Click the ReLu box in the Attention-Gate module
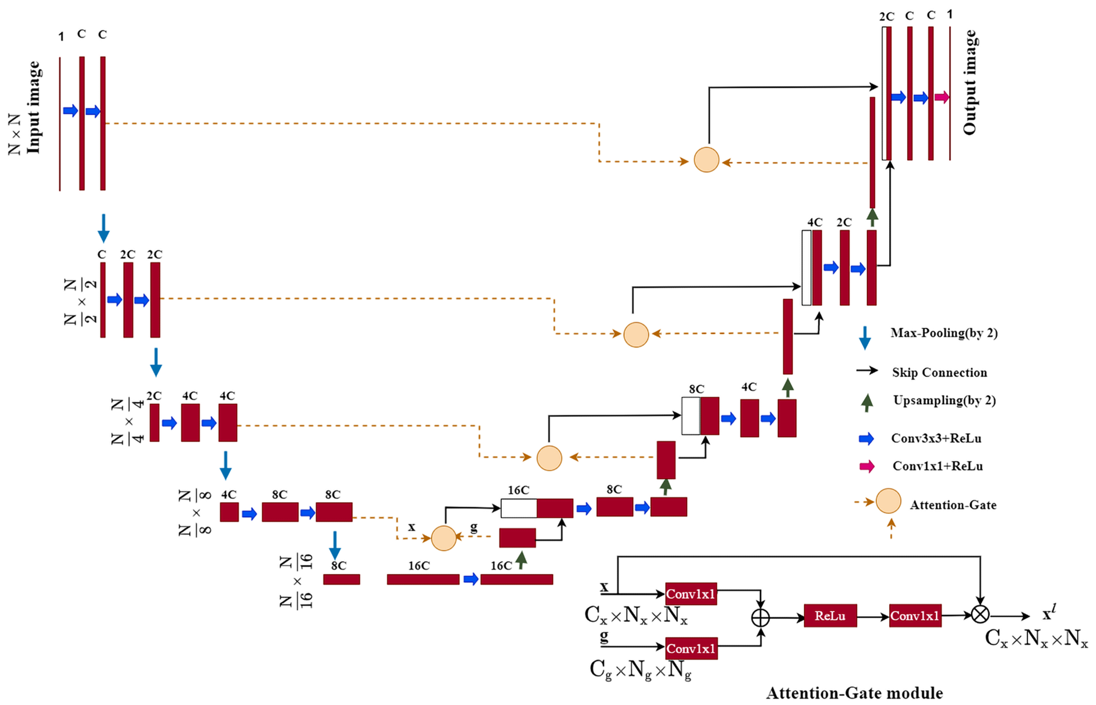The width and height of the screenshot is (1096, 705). [x=830, y=616]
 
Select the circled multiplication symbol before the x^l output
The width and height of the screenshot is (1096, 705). [x=980, y=614]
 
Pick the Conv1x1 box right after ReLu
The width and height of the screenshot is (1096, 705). [x=915, y=616]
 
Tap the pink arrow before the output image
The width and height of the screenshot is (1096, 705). [x=942, y=97]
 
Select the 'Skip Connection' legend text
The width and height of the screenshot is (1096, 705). [x=939, y=373]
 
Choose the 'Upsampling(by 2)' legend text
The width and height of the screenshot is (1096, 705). [x=944, y=401]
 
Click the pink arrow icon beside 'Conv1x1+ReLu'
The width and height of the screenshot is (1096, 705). [x=866, y=466]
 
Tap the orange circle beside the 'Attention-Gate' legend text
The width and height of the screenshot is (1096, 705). [x=888, y=501]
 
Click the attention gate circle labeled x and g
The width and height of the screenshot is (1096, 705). [x=444, y=538]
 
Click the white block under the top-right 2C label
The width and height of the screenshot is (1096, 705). [x=884, y=93]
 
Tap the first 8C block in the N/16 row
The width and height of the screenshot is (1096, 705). [x=341, y=579]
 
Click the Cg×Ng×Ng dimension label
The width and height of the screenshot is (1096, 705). [x=640, y=670]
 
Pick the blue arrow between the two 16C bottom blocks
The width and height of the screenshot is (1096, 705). [x=471, y=579]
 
